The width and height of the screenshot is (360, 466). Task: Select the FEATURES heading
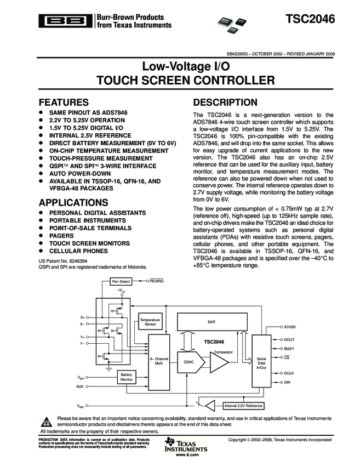coord(64,103)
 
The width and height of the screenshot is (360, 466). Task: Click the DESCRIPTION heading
coord(225,103)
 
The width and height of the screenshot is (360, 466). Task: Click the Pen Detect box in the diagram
coord(121,281)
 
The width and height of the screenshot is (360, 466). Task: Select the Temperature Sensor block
coord(150,322)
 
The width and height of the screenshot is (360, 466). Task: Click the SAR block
coord(211,322)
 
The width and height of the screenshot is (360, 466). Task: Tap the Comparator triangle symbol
coord(219,362)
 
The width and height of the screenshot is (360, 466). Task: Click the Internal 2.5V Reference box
coord(243,406)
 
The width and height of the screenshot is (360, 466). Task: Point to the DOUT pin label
coord(289,339)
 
